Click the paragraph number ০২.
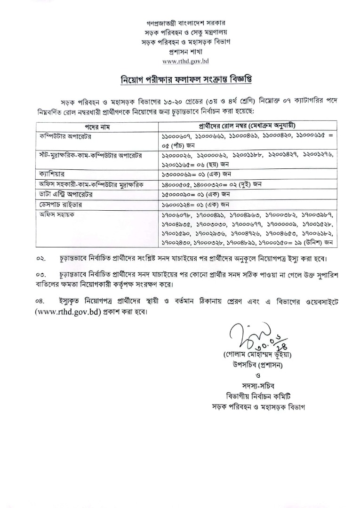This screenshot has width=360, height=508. (42, 259)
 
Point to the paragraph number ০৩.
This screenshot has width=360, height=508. (42, 274)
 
